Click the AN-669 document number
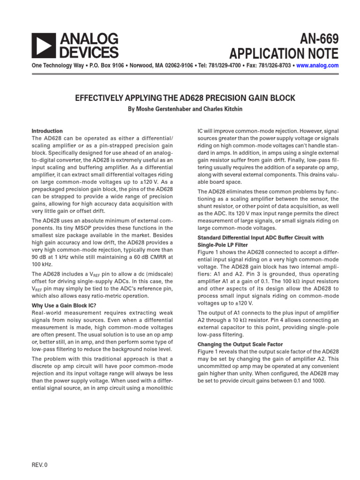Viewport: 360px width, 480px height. [315, 38]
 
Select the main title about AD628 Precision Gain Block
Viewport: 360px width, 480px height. [185, 98]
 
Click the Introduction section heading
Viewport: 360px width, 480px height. [47, 131]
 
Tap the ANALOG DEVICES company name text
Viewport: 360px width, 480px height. [89, 45]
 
